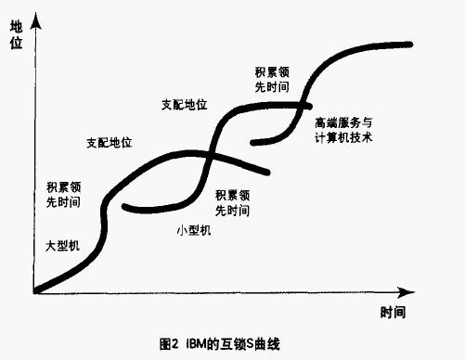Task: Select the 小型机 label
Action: pos(194,229)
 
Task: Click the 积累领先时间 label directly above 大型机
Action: pos(62,193)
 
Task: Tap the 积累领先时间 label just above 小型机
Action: pos(232,202)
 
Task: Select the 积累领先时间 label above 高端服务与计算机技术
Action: pos(272,79)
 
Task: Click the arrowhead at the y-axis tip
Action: pos(33,19)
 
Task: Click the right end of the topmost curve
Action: pos(409,44)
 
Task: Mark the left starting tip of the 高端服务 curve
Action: pos(253,142)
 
